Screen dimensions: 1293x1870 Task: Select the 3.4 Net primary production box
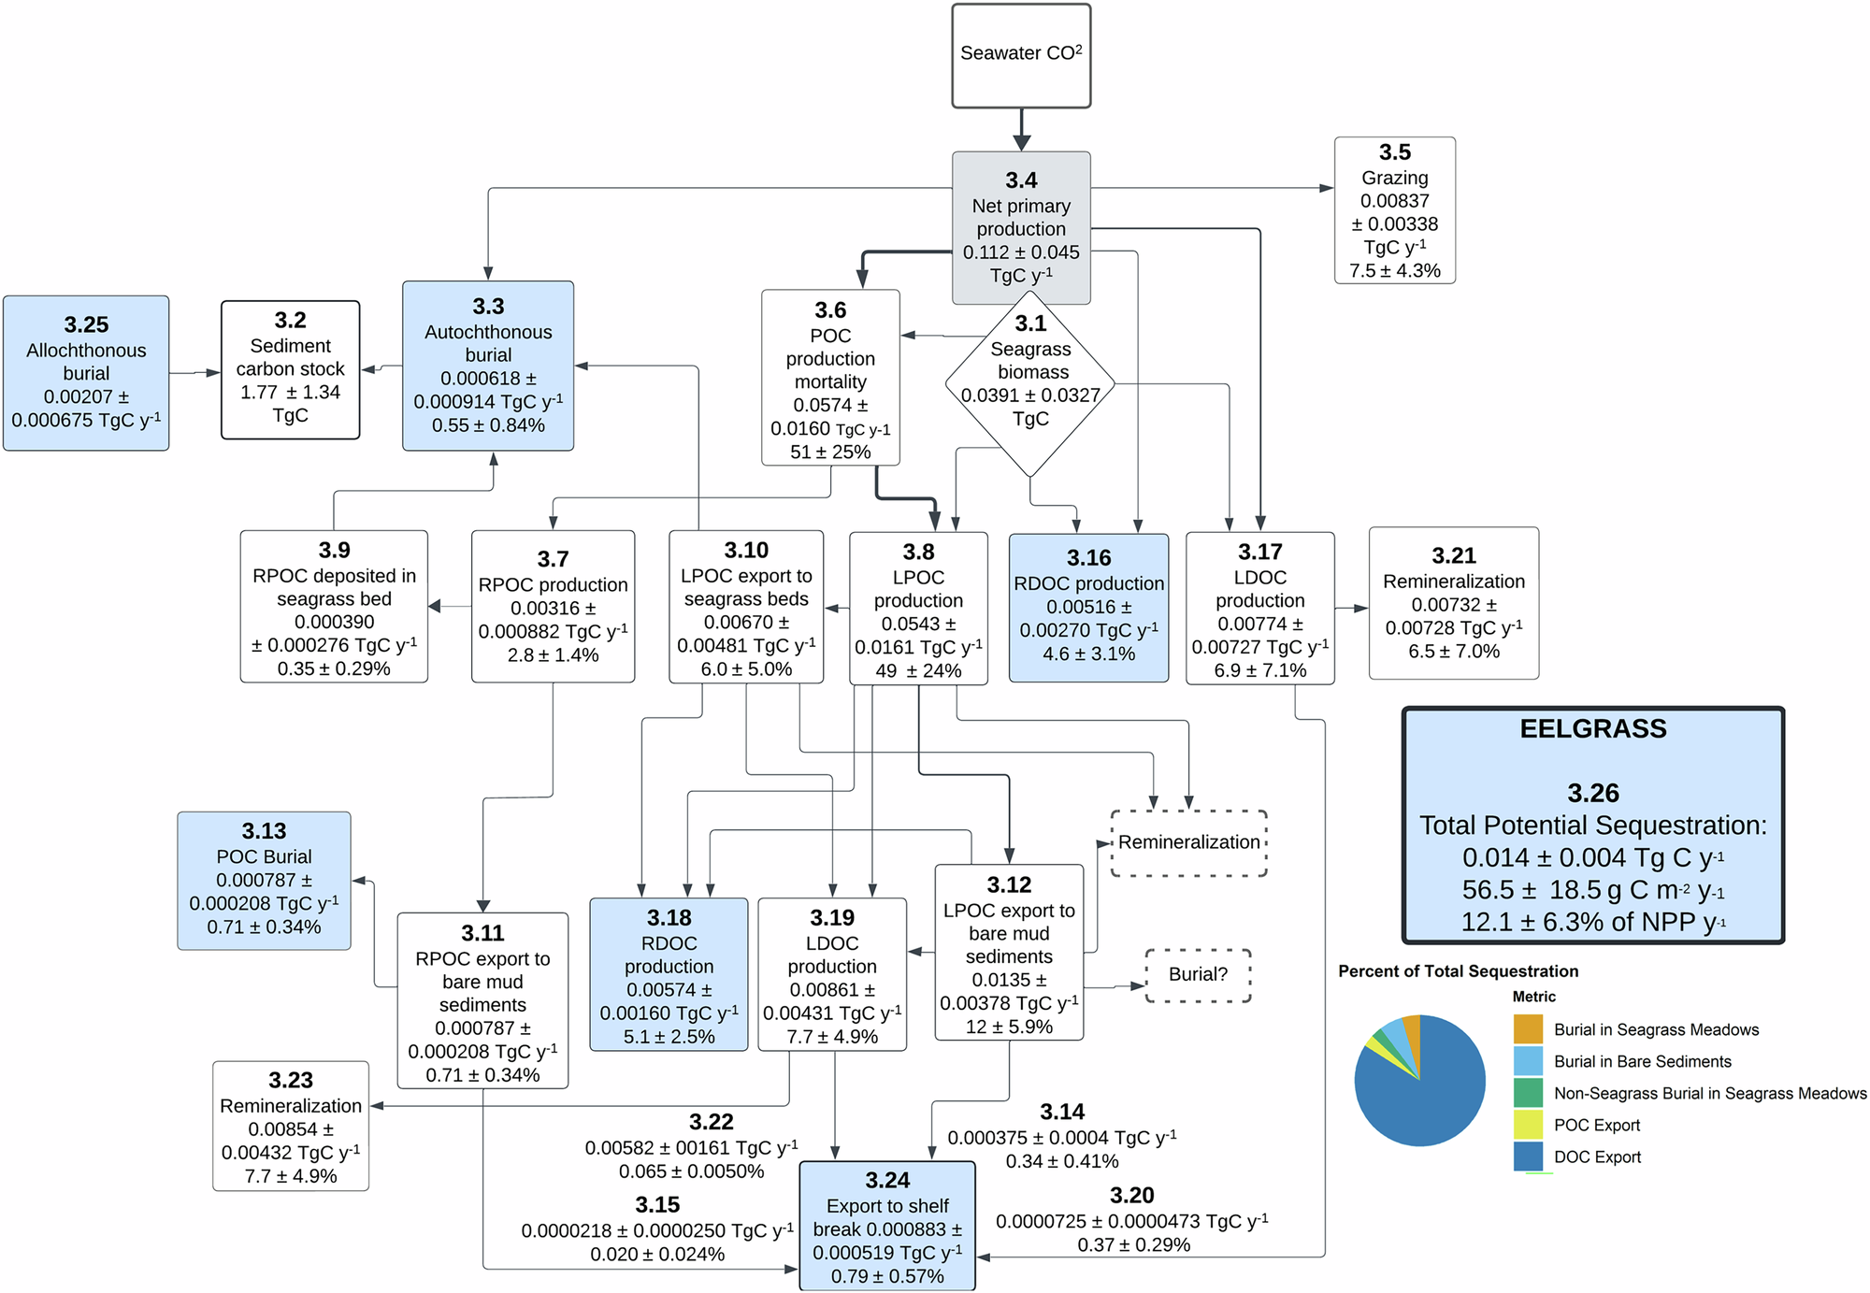tap(1021, 227)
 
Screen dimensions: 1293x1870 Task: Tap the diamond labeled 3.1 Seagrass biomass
tap(1030, 383)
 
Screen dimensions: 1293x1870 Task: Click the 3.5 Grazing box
tap(1394, 210)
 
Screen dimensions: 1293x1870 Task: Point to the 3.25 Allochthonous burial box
tap(86, 373)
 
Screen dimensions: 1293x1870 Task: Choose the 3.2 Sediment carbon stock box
tap(290, 369)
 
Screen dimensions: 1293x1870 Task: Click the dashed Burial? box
tap(1198, 975)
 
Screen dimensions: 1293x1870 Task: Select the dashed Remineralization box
tap(1188, 842)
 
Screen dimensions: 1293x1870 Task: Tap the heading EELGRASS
tap(1593, 729)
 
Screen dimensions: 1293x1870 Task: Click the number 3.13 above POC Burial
tap(264, 831)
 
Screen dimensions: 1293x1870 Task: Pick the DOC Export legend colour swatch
tap(1528, 1157)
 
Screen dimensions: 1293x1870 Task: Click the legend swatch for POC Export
tap(1528, 1125)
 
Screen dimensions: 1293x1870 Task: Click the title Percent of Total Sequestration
tap(1458, 971)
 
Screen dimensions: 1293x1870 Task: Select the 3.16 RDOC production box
tap(1088, 608)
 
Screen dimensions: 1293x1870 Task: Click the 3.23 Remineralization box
tap(291, 1127)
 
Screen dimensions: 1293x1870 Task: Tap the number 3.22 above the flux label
tap(711, 1122)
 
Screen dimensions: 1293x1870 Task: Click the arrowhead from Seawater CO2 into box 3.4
tap(1021, 142)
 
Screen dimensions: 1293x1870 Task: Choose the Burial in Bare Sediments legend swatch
tap(1528, 1061)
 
